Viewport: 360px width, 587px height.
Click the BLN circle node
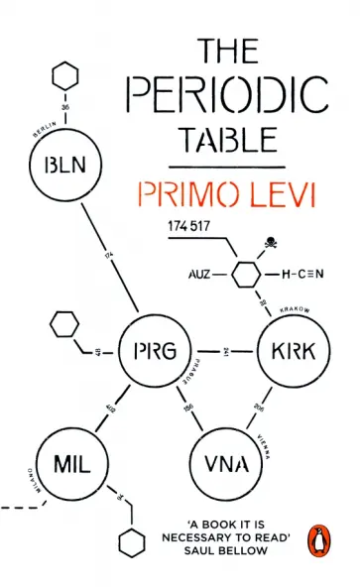pyautogui.click(x=62, y=166)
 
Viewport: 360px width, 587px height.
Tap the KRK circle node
pyautogui.click(x=286, y=351)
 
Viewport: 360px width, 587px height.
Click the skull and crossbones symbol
pyautogui.click(x=269, y=241)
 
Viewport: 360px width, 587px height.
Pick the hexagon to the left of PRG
pyautogui.click(x=64, y=323)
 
